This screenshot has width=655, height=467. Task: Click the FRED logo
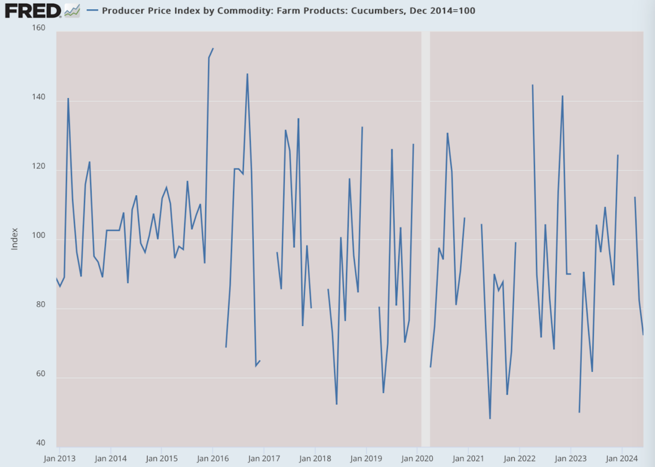(x=33, y=11)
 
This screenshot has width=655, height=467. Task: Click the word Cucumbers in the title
(x=377, y=10)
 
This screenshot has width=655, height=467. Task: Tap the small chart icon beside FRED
(x=72, y=11)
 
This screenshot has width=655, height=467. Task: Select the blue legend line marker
(x=92, y=10)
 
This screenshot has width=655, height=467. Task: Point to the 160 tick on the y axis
(x=39, y=28)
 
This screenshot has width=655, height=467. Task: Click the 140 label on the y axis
(x=39, y=97)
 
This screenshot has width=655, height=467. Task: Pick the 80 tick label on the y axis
(x=40, y=304)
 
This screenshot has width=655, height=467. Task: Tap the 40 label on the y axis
(x=40, y=443)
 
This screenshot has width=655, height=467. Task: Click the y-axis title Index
(x=14, y=239)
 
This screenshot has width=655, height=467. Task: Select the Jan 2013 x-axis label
(x=59, y=458)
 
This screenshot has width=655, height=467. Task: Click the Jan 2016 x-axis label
(x=212, y=458)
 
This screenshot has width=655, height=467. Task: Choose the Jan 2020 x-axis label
(x=417, y=458)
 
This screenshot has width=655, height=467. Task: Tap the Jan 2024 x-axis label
(x=621, y=458)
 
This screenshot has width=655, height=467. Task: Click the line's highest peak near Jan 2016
(x=213, y=49)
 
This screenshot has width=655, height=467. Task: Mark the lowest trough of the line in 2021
(x=490, y=418)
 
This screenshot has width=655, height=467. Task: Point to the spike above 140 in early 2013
(x=68, y=99)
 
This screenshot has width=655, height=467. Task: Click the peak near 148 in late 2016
(x=247, y=74)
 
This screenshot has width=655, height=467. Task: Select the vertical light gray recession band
(x=425, y=239)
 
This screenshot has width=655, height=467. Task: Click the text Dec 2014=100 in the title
(x=443, y=10)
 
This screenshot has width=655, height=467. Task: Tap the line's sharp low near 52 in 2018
(x=337, y=404)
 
